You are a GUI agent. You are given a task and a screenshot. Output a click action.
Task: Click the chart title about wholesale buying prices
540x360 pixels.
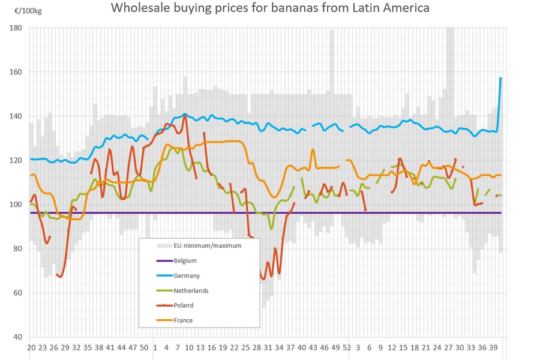(271, 9)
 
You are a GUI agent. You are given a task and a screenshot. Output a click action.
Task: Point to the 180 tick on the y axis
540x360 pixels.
(16, 28)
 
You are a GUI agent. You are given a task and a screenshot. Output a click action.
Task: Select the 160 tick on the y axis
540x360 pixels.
(16, 72)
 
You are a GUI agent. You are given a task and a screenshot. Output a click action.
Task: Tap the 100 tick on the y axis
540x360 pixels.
(16, 205)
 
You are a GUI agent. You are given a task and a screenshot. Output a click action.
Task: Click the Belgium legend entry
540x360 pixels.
(185, 261)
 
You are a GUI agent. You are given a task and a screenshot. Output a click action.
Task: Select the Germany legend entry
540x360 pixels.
(187, 275)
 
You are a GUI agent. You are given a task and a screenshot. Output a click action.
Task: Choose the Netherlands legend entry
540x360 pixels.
(191, 290)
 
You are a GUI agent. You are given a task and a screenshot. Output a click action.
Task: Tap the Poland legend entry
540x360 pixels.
(184, 305)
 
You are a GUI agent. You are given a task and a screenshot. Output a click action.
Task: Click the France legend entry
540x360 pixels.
(184, 320)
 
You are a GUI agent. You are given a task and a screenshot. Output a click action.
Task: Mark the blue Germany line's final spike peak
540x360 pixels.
(500, 78)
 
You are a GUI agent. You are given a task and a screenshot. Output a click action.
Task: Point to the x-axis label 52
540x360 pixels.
(346, 347)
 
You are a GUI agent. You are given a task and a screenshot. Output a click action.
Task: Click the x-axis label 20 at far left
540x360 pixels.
(32, 347)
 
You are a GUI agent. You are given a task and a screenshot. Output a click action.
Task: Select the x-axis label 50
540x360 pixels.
(144, 347)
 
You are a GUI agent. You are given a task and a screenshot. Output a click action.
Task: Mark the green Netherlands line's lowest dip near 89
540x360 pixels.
(271, 228)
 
